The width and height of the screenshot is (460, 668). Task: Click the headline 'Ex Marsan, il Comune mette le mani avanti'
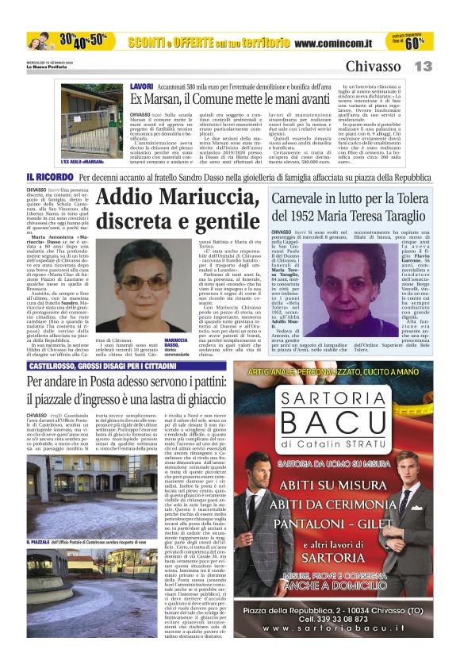(x=230, y=99)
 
